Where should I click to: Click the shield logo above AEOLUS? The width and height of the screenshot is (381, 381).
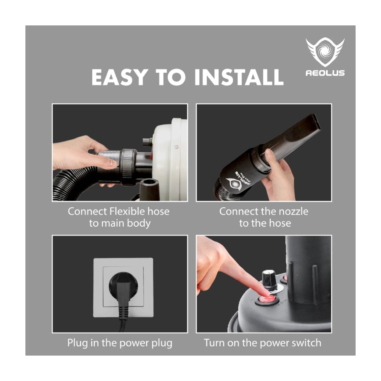click(x=325, y=52)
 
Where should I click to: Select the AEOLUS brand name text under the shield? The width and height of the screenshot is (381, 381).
click(x=325, y=73)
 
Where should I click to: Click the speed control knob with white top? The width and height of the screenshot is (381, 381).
click(x=270, y=279)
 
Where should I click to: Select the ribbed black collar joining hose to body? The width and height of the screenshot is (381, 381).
click(x=128, y=168)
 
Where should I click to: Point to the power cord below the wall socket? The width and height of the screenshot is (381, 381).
click(x=122, y=325)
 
